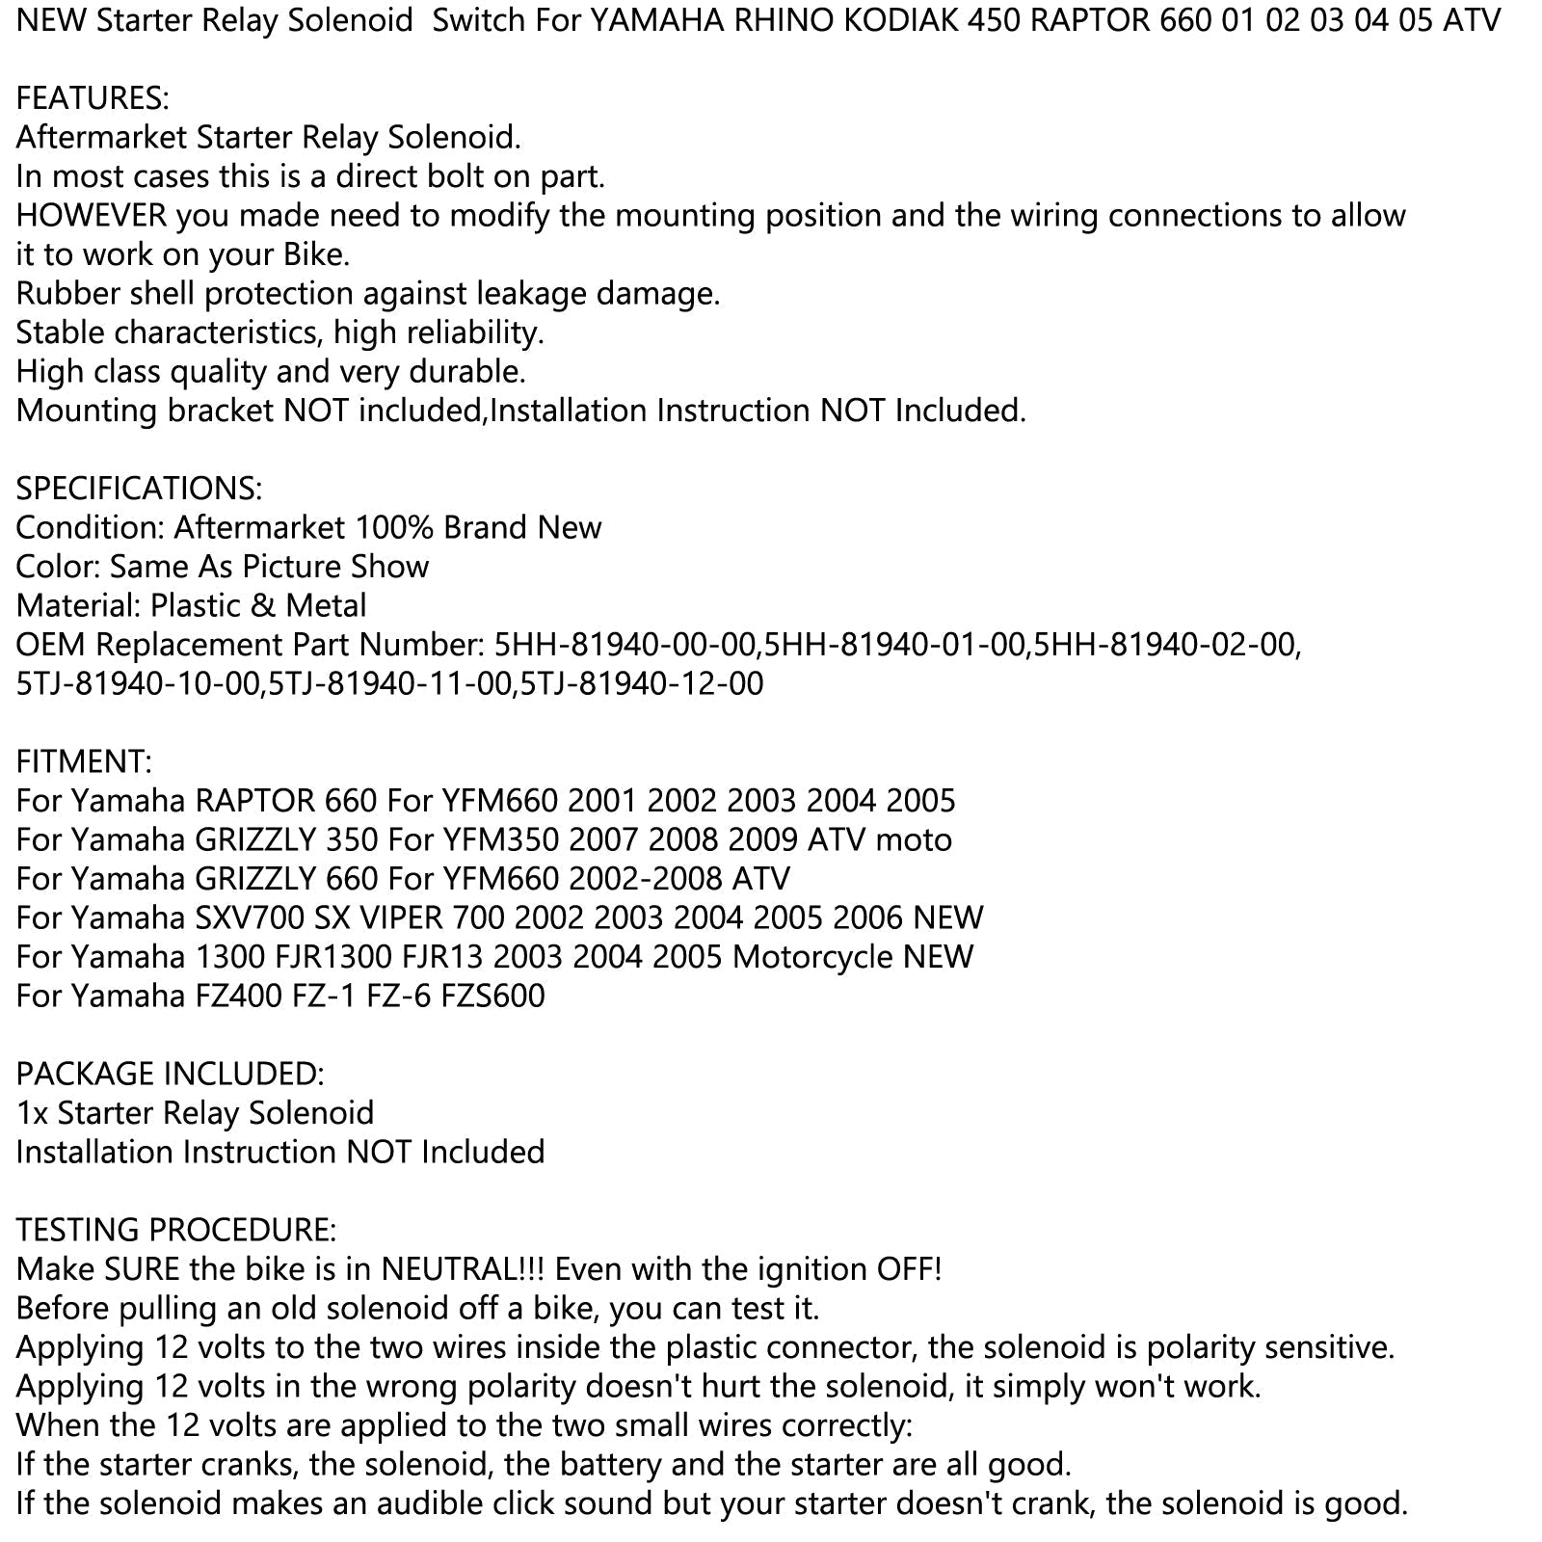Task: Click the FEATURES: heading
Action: point(93,98)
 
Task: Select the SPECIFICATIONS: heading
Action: point(139,489)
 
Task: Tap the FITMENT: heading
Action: point(84,762)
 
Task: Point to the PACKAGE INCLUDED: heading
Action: point(170,1074)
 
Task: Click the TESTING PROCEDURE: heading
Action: point(176,1230)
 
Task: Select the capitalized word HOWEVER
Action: point(92,216)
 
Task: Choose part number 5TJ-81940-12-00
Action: point(641,684)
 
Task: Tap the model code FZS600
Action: point(492,996)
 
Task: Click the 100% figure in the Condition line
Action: point(394,528)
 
